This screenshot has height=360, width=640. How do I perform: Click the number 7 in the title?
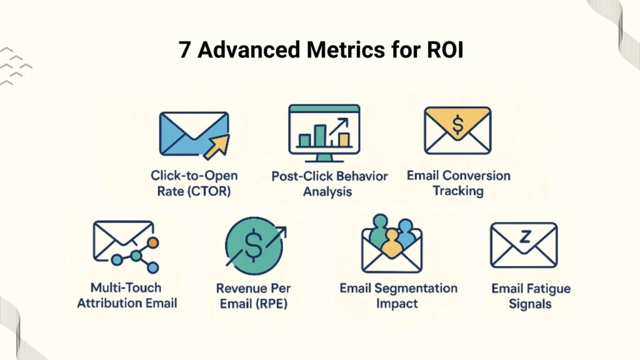(185, 50)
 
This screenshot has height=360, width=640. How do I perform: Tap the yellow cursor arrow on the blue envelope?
(216, 147)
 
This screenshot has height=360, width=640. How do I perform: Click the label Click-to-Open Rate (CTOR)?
(194, 184)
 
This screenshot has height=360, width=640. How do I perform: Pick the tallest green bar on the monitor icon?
(320, 135)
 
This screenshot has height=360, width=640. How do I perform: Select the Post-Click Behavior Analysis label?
(329, 184)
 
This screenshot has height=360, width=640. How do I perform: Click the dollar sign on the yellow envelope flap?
(457, 124)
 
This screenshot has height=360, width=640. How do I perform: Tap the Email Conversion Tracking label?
(458, 183)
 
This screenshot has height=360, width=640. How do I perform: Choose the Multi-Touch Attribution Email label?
(134, 296)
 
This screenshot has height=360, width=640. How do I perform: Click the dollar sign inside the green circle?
(254, 246)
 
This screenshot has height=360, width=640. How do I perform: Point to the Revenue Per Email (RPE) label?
(253, 296)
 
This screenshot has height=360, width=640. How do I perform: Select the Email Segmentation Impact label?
(398, 296)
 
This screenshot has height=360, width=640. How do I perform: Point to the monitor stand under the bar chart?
(324, 157)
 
